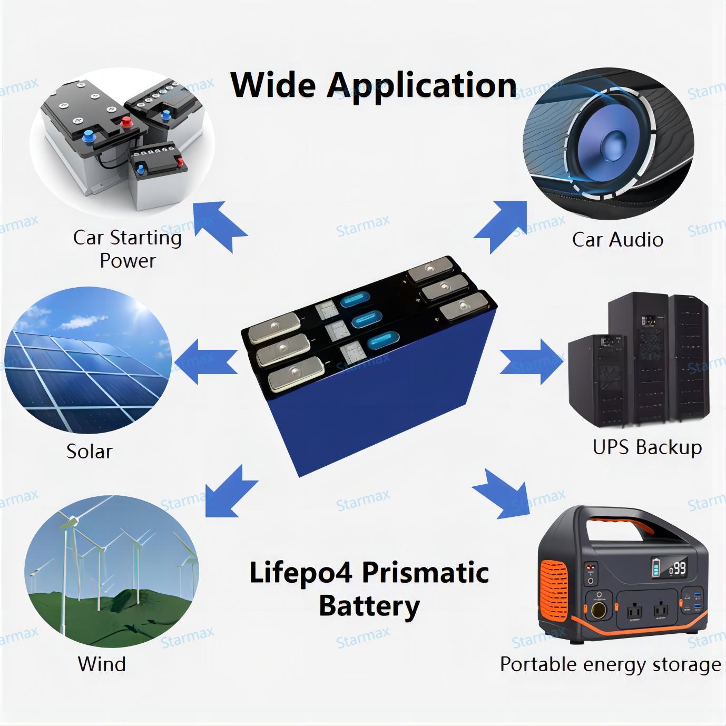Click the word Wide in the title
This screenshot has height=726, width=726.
click(274, 84)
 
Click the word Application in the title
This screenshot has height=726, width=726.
click(421, 85)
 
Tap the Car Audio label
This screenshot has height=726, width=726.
click(617, 240)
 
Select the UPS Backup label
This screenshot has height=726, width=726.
click(647, 447)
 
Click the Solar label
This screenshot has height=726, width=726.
click(89, 452)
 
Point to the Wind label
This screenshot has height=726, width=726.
click(102, 664)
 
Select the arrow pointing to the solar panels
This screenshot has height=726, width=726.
click(211, 361)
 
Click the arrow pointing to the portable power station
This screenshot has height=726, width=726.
click(501, 493)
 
